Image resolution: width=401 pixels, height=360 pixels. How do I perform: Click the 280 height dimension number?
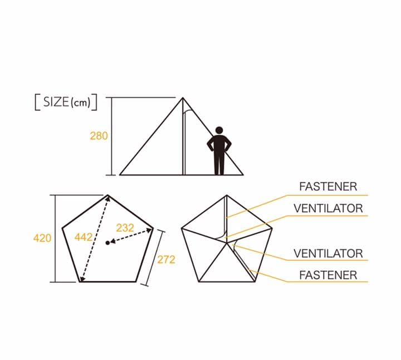99,136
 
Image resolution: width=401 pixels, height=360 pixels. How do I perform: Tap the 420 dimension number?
42,238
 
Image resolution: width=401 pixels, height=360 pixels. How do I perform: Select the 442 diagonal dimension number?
84,237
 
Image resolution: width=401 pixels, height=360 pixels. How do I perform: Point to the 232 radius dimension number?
125,228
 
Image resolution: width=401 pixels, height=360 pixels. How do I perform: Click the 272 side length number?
166,260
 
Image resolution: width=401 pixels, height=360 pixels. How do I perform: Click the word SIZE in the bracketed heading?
56,102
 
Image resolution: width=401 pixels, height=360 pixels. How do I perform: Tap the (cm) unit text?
81,103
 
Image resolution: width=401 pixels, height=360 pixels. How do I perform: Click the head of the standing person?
219,130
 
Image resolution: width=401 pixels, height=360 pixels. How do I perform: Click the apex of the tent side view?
183,98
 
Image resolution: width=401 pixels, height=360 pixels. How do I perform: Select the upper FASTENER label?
328,187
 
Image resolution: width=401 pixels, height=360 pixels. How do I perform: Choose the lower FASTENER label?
328,275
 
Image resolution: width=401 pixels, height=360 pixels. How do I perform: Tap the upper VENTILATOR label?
328,208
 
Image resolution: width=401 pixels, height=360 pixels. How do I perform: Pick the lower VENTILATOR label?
328,254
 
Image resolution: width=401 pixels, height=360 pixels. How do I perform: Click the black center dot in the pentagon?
107,242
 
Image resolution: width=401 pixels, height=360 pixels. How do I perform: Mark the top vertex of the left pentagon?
107,195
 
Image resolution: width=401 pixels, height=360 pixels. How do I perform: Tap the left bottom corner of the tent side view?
120,175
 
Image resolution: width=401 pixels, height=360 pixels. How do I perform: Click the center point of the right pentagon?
227,243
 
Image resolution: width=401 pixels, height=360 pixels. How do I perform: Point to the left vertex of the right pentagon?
182,228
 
